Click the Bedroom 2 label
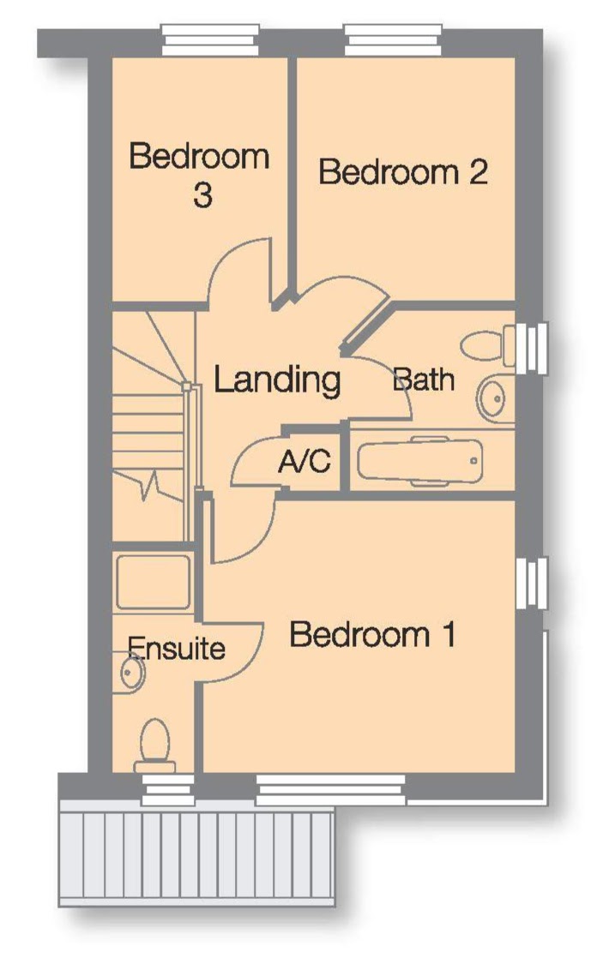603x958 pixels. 403,171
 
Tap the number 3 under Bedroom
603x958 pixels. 202,195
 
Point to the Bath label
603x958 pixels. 423,380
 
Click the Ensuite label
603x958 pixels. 176,648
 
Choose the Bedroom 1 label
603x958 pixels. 372,634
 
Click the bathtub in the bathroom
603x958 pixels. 420,461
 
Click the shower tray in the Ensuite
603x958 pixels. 154,582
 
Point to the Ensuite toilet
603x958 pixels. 154,745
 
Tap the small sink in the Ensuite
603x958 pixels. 130,673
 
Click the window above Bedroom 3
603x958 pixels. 209,39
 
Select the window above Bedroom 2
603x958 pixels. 393,39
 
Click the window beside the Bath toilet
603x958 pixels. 531,348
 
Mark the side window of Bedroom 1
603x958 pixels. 531,583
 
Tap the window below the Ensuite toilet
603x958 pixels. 167,791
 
